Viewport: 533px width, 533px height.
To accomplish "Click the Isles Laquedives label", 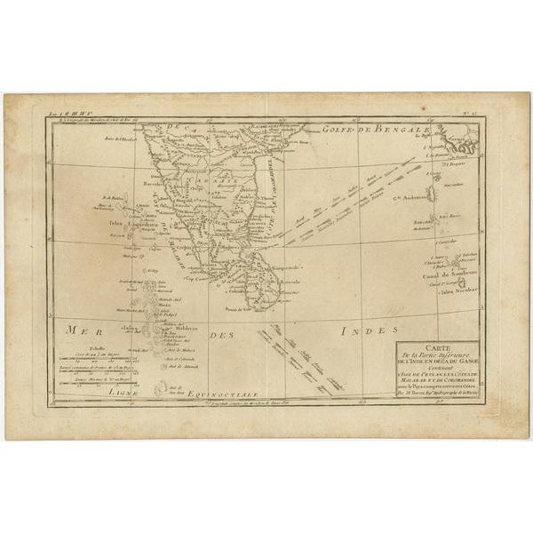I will pos(129,223).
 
